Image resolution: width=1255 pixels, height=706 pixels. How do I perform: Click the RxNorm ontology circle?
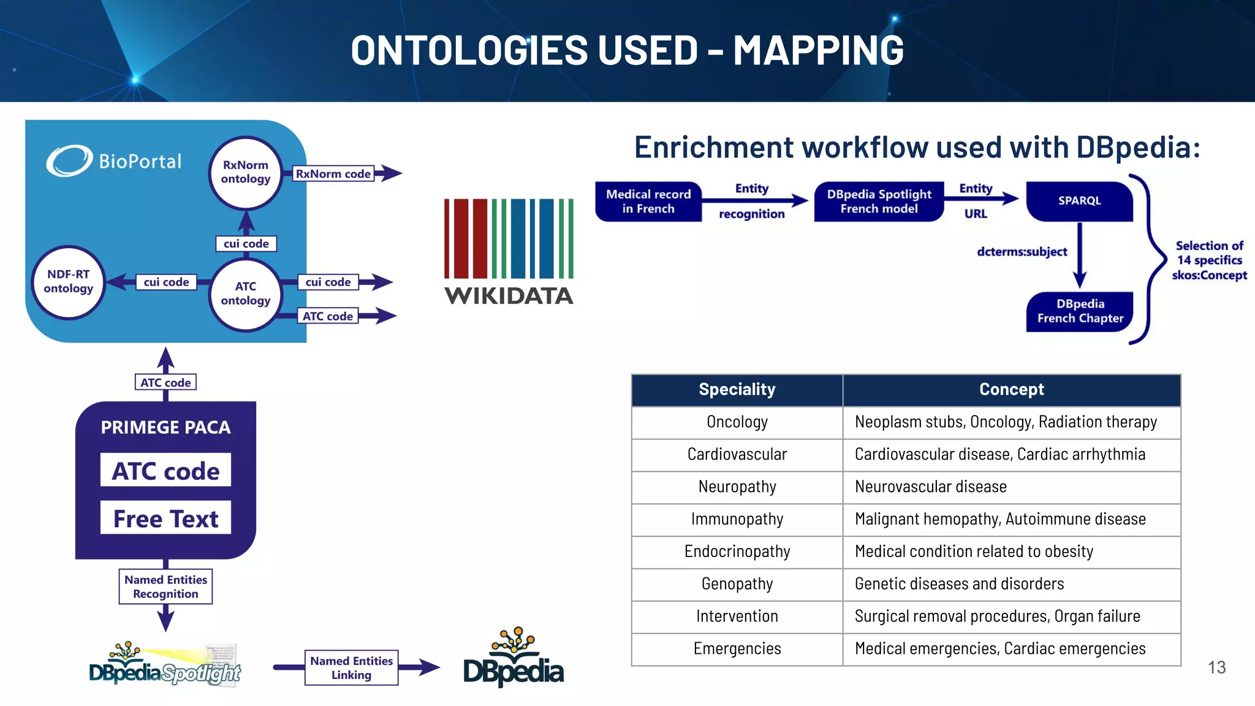[x=245, y=172]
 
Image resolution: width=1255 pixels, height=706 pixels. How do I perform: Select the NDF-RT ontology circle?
[x=68, y=282]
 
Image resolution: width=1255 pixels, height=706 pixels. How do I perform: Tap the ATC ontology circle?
[x=245, y=294]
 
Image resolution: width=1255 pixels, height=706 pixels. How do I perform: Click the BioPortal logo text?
[x=140, y=161]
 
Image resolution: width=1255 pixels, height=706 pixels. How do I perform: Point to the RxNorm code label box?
[x=333, y=173]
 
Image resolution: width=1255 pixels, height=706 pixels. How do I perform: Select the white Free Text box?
[x=165, y=518]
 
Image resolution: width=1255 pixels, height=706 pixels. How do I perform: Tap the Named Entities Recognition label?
[x=165, y=586]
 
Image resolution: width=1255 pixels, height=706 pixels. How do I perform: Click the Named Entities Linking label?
[x=351, y=667]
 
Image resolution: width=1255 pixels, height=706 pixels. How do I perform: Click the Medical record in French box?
[x=648, y=201]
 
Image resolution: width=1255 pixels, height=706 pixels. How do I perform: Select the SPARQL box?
[x=1079, y=201]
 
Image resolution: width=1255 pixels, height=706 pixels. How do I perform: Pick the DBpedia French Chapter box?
[x=1080, y=311]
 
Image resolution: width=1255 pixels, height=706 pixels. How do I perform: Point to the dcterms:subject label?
[x=1022, y=252]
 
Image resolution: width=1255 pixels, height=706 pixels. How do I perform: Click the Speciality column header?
[x=737, y=390]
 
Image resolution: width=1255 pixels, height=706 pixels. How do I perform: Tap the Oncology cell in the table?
[x=737, y=422]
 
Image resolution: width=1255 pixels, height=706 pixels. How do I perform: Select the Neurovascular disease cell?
[x=930, y=487]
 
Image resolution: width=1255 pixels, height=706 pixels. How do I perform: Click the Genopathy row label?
[x=737, y=584]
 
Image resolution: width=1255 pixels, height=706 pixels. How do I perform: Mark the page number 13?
[x=1216, y=667]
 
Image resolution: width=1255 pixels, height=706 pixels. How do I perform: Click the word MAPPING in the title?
[x=818, y=50]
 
